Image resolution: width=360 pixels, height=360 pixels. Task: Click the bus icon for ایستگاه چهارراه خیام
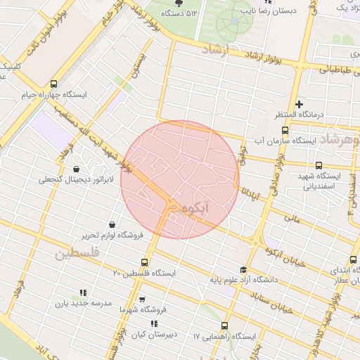[x=54, y=84]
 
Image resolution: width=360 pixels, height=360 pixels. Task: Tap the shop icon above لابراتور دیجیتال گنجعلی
[x=75, y=169]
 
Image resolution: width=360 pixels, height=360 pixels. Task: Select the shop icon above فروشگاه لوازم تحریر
[x=112, y=224]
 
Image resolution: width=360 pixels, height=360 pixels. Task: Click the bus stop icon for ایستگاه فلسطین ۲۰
[x=145, y=262]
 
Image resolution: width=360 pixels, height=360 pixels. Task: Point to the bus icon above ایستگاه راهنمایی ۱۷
[x=224, y=326]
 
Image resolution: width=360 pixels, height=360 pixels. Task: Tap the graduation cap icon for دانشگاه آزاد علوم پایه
[x=243, y=269]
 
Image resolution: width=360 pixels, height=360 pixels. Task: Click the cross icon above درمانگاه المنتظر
[x=300, y=104]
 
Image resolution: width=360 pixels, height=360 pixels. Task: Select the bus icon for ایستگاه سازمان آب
[x=285, y=130]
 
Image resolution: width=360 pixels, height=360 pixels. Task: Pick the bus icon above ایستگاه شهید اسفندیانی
[x=319, y=165]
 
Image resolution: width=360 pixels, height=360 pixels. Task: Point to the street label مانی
[x=292, y=219]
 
